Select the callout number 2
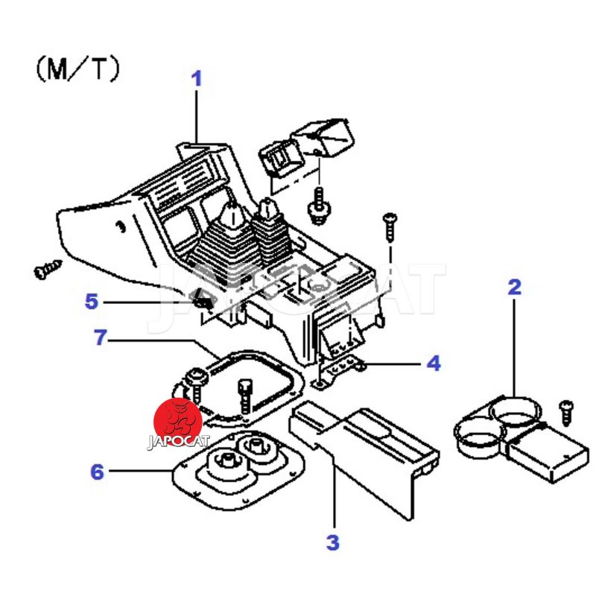[x=514, y=287]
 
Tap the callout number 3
[x=333, y=542]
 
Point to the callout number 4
[x=434, y=364]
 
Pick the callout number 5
[x=91, y=302]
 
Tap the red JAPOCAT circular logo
[x=178, y=422]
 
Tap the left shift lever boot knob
[x=232, y=215]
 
